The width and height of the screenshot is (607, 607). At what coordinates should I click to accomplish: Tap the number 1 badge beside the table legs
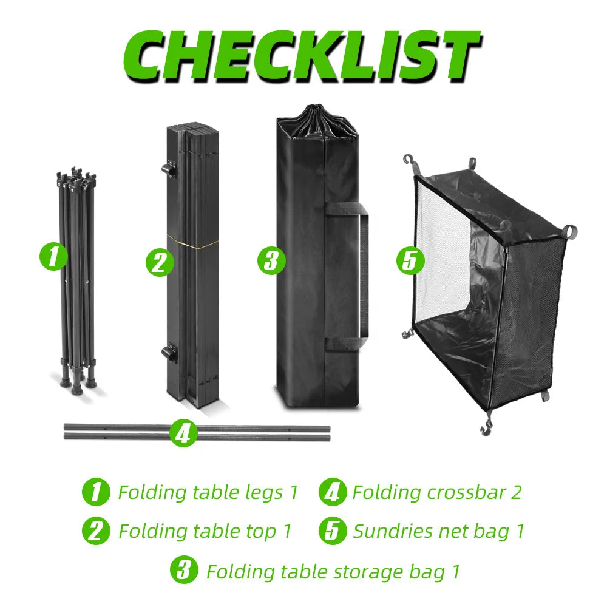pos(54,256)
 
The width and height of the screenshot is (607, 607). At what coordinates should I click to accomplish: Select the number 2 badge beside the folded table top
pos(160,263)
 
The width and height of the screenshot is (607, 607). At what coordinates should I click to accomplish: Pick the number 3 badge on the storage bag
pos(271,260)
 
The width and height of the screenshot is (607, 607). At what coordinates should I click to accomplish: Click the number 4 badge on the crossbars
pos(183,433)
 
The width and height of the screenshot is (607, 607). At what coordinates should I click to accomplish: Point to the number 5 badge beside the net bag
pos(410,260)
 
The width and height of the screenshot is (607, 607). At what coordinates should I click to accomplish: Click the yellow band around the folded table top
pos(192,242)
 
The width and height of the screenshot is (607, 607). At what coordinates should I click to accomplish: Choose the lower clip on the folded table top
pos(169,353)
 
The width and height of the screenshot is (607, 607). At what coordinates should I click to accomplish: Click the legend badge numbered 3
pos(184,570)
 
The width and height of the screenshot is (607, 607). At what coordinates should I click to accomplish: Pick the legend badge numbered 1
pos(96,492)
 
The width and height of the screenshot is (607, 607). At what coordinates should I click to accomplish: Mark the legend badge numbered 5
pos(332,531)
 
